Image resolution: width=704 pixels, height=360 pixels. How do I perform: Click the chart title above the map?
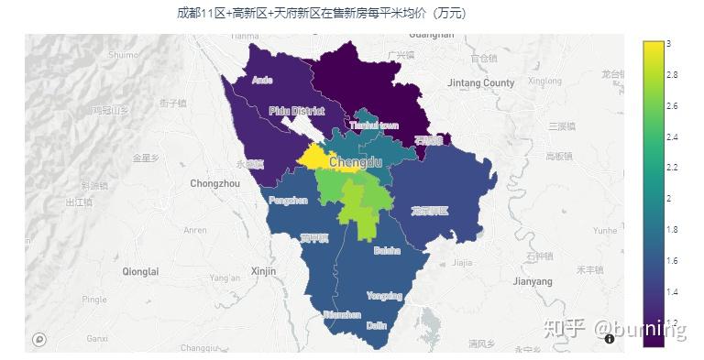point(321,13)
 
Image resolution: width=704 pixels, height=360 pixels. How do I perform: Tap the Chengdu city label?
point(355,162)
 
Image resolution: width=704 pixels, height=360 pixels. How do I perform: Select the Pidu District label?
point(296,111)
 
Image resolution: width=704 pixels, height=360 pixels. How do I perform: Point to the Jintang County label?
point(481,83)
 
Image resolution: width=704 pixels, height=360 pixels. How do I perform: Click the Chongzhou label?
point(214,184)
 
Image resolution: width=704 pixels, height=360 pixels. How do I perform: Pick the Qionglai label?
point(139,271)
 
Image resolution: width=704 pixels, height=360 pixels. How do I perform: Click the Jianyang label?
point(532,280)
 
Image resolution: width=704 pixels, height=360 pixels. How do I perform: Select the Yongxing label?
point(384,296)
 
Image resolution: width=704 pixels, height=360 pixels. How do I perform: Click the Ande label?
point(261,81)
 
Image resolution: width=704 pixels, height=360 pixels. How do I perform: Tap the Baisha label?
point(387,250)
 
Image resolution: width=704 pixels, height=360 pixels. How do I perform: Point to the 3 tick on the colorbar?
point(668,44)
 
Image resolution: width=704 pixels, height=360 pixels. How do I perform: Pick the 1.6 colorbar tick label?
point(672,261)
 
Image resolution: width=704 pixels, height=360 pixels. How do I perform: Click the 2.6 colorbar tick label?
point(672,106)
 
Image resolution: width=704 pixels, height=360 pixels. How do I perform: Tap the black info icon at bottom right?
point(610,338)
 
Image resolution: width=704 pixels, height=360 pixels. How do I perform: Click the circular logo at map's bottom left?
point(38,339)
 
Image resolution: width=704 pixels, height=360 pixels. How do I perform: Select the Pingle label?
point(94,300)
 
